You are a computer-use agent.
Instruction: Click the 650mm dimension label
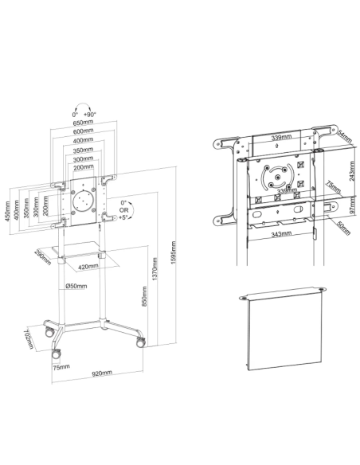coord(83,122)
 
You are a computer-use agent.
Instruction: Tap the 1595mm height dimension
coord(174,252)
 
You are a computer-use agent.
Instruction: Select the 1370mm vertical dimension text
coord(155,268)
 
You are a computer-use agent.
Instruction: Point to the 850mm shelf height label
coord(144,296)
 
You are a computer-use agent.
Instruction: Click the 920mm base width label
coord(102,373)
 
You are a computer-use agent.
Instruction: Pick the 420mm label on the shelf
coord(88,267)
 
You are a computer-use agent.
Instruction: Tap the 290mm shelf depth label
coord(43,257)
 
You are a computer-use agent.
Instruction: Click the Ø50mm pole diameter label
coord(76,286)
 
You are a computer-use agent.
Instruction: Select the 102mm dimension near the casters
coord(29,338)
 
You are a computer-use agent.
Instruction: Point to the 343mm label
coord(281,234)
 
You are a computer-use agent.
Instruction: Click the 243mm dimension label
coord(352,171)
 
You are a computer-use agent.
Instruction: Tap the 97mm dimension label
coord(352,205)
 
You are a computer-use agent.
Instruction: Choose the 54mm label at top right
coord(345,136)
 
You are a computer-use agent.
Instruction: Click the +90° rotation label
coord(90,115)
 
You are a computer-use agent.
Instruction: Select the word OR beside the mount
coord(124,210)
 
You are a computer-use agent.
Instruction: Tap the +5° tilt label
coord(123,217)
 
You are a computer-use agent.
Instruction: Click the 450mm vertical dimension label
coord(8,211)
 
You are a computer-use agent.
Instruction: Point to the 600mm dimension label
coord(83,131)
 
